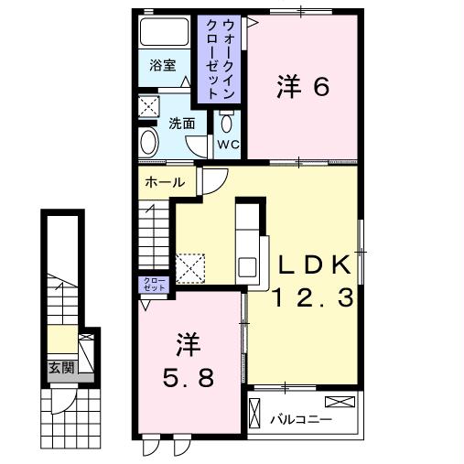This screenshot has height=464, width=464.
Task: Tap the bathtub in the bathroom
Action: (164, 34)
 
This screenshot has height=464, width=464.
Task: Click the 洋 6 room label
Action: (303, 88)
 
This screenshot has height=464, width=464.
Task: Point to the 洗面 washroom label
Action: (181, 123)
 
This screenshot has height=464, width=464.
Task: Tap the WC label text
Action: (227, 145)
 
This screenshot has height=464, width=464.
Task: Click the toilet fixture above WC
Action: (227, 121)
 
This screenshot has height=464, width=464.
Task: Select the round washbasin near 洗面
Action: (149, 142)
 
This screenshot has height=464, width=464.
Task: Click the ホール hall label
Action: (164, 182)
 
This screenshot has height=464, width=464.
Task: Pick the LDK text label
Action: (315, 265)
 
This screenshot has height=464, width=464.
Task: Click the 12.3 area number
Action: (315, 297)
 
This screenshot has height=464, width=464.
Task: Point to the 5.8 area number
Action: (188, 374)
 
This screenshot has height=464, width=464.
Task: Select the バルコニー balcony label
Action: (301, 419)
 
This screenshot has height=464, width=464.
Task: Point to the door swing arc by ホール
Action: (210, 182)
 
